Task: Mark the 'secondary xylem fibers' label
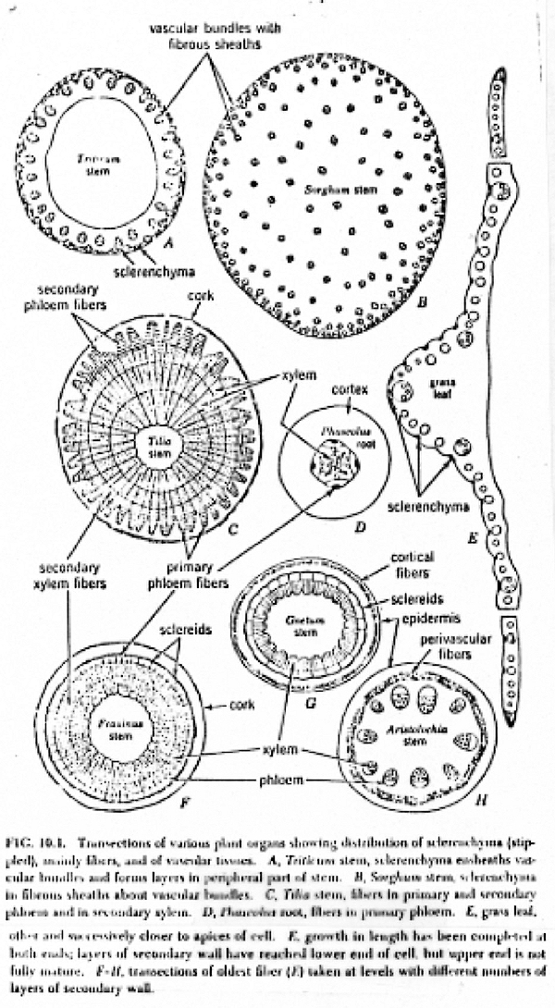tap(68, 570)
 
